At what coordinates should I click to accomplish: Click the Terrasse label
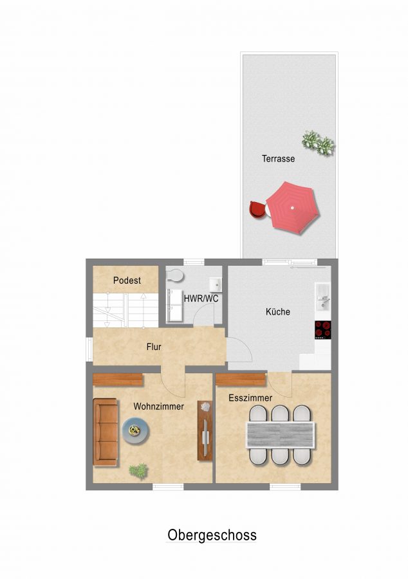[x=279, y=159]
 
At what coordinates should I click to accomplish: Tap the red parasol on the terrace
[x=293, y=208]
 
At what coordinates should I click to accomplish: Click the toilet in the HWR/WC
[x=175, y=275]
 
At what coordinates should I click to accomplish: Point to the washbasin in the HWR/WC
[x=215, y=284]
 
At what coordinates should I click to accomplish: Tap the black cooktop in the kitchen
[x=322, y=330]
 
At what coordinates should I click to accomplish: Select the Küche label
[x=277, y=311]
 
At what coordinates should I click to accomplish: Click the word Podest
[x=127, y=280]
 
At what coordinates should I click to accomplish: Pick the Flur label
[x=154, y=347]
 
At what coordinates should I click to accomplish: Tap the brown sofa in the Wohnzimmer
[x=106, y=432]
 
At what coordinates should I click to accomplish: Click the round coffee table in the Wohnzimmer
[x=136, y=430]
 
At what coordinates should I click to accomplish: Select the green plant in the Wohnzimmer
[x=138, y=471]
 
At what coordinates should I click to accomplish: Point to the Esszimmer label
[x=250, y=398]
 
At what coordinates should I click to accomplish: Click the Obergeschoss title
[x=212, y=535]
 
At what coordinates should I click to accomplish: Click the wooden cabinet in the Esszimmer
[x=241, y=380]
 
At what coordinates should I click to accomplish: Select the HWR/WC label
[x=201, y=299]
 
